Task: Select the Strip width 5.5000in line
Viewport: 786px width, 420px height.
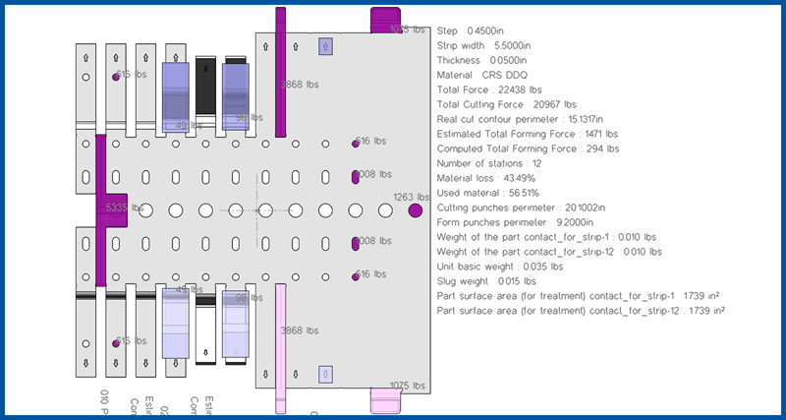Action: pos(484,45)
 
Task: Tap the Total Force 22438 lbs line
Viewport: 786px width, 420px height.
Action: pos(489,90)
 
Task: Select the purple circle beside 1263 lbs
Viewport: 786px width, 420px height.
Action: pos(415,210)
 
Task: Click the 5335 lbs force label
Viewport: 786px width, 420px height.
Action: pos(124,209)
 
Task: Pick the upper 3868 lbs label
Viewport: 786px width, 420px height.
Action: pos(299,85)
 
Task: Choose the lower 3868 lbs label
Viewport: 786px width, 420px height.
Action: pos(299,330)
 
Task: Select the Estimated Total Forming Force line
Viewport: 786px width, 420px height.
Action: pos(528,134)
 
